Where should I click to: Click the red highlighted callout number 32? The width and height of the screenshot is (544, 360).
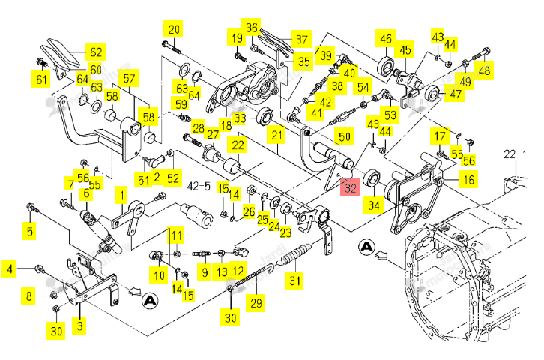pyautogui.click(x=350, y=187)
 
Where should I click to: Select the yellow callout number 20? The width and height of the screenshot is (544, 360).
pyautogui.click(x=174, y=29)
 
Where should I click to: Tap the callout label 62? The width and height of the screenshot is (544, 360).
pyautogui.click(x=96, y=52)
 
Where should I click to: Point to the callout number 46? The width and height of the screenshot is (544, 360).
pyautogui.click(x=385, y=38)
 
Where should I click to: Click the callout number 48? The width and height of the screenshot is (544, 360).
pyautogui.click(x=483, y=70)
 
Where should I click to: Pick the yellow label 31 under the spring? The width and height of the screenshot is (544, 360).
pyautogui.click(x=295, y=280)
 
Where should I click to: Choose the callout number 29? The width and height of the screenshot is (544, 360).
pyautogui.click(x=256, y=303)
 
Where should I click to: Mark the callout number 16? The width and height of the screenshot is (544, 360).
pyautogui.click(x=468, y=179)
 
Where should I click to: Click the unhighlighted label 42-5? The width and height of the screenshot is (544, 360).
pyautogui.click(x=199, y=187)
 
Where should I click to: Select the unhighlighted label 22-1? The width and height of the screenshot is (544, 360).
pyautogui.click(x=515, y=154)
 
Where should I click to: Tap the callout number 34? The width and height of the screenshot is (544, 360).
pyautogui.click(x=374, y=205)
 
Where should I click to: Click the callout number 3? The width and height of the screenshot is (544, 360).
pyautogui.click(x=79, y=325)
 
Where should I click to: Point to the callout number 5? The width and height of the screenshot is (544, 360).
pyautogui.click(x=30, y=231)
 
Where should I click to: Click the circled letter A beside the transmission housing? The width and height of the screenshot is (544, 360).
pyautogui.click(x=366, y=247)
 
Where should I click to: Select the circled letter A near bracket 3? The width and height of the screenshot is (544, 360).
pyautogui.click(x=150, y=300)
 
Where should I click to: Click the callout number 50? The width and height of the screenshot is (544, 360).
pyautogui.click(x=344, y=136)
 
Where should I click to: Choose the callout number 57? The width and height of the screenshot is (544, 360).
pyautogui.click(x=129, y=78)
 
